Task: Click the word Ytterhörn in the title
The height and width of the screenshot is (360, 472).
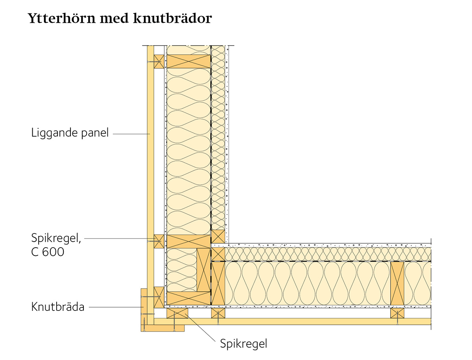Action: (61, 18)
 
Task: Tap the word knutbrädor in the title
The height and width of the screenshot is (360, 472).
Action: (172, 18)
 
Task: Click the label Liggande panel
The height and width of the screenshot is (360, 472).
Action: (70, 133)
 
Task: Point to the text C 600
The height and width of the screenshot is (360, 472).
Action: (48, 252)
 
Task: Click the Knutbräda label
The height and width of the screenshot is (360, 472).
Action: (58, 307)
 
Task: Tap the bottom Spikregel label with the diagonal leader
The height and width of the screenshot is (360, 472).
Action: (243, 343)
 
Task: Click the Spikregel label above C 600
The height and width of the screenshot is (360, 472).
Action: (56, 238)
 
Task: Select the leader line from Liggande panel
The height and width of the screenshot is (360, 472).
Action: (131, 134)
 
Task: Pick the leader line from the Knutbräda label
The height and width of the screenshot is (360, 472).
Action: (116, 307)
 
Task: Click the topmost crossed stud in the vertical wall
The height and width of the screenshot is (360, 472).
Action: (188, 61)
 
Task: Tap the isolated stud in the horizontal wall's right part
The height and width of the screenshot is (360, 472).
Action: (397, 283)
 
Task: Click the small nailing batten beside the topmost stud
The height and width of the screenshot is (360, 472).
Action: (159, 62)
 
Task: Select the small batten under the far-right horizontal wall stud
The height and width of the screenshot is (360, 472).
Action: (397, 313)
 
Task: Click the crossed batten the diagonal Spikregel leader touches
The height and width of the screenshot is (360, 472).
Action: (177, 313)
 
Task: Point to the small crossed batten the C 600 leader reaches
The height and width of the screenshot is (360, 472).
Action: (159, 241)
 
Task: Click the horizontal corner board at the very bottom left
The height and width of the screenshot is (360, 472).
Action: (162, 328)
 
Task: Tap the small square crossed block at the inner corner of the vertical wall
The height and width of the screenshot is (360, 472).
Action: (218, 237)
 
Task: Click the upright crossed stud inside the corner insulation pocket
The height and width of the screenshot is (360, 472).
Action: (204, 270)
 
